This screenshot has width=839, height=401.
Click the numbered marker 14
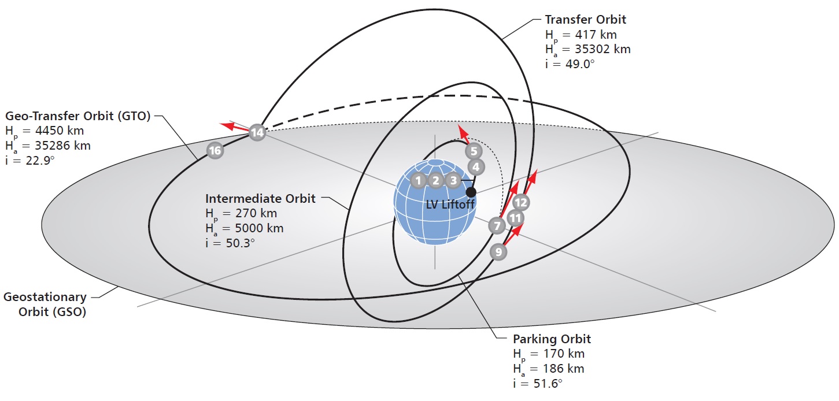point(257,132)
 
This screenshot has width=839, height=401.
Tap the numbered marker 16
point(215,151)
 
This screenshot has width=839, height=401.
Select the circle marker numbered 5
point(473,151)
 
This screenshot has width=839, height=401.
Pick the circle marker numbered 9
point(498,251)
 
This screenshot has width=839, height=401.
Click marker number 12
point(521,202)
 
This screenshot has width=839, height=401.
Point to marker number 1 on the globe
point(417,180)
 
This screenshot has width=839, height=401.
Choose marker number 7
point(497,225)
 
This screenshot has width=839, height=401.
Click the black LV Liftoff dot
point(471,192)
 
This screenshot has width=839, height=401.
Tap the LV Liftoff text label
point(450,205)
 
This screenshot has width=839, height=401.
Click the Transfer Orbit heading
point(585,20)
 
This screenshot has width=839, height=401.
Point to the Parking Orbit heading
point(552,339)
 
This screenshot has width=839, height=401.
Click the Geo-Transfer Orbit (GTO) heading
point(77,115)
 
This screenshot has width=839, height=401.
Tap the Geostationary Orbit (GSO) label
point(45,305)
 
